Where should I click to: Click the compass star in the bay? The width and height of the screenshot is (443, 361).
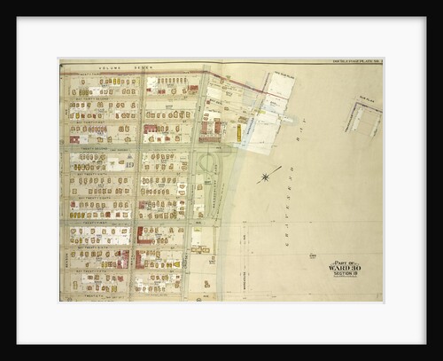[265, 177]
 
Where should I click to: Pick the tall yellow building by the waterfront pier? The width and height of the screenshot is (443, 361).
[238, 132]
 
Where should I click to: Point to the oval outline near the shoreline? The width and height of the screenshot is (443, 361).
[206, 163]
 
